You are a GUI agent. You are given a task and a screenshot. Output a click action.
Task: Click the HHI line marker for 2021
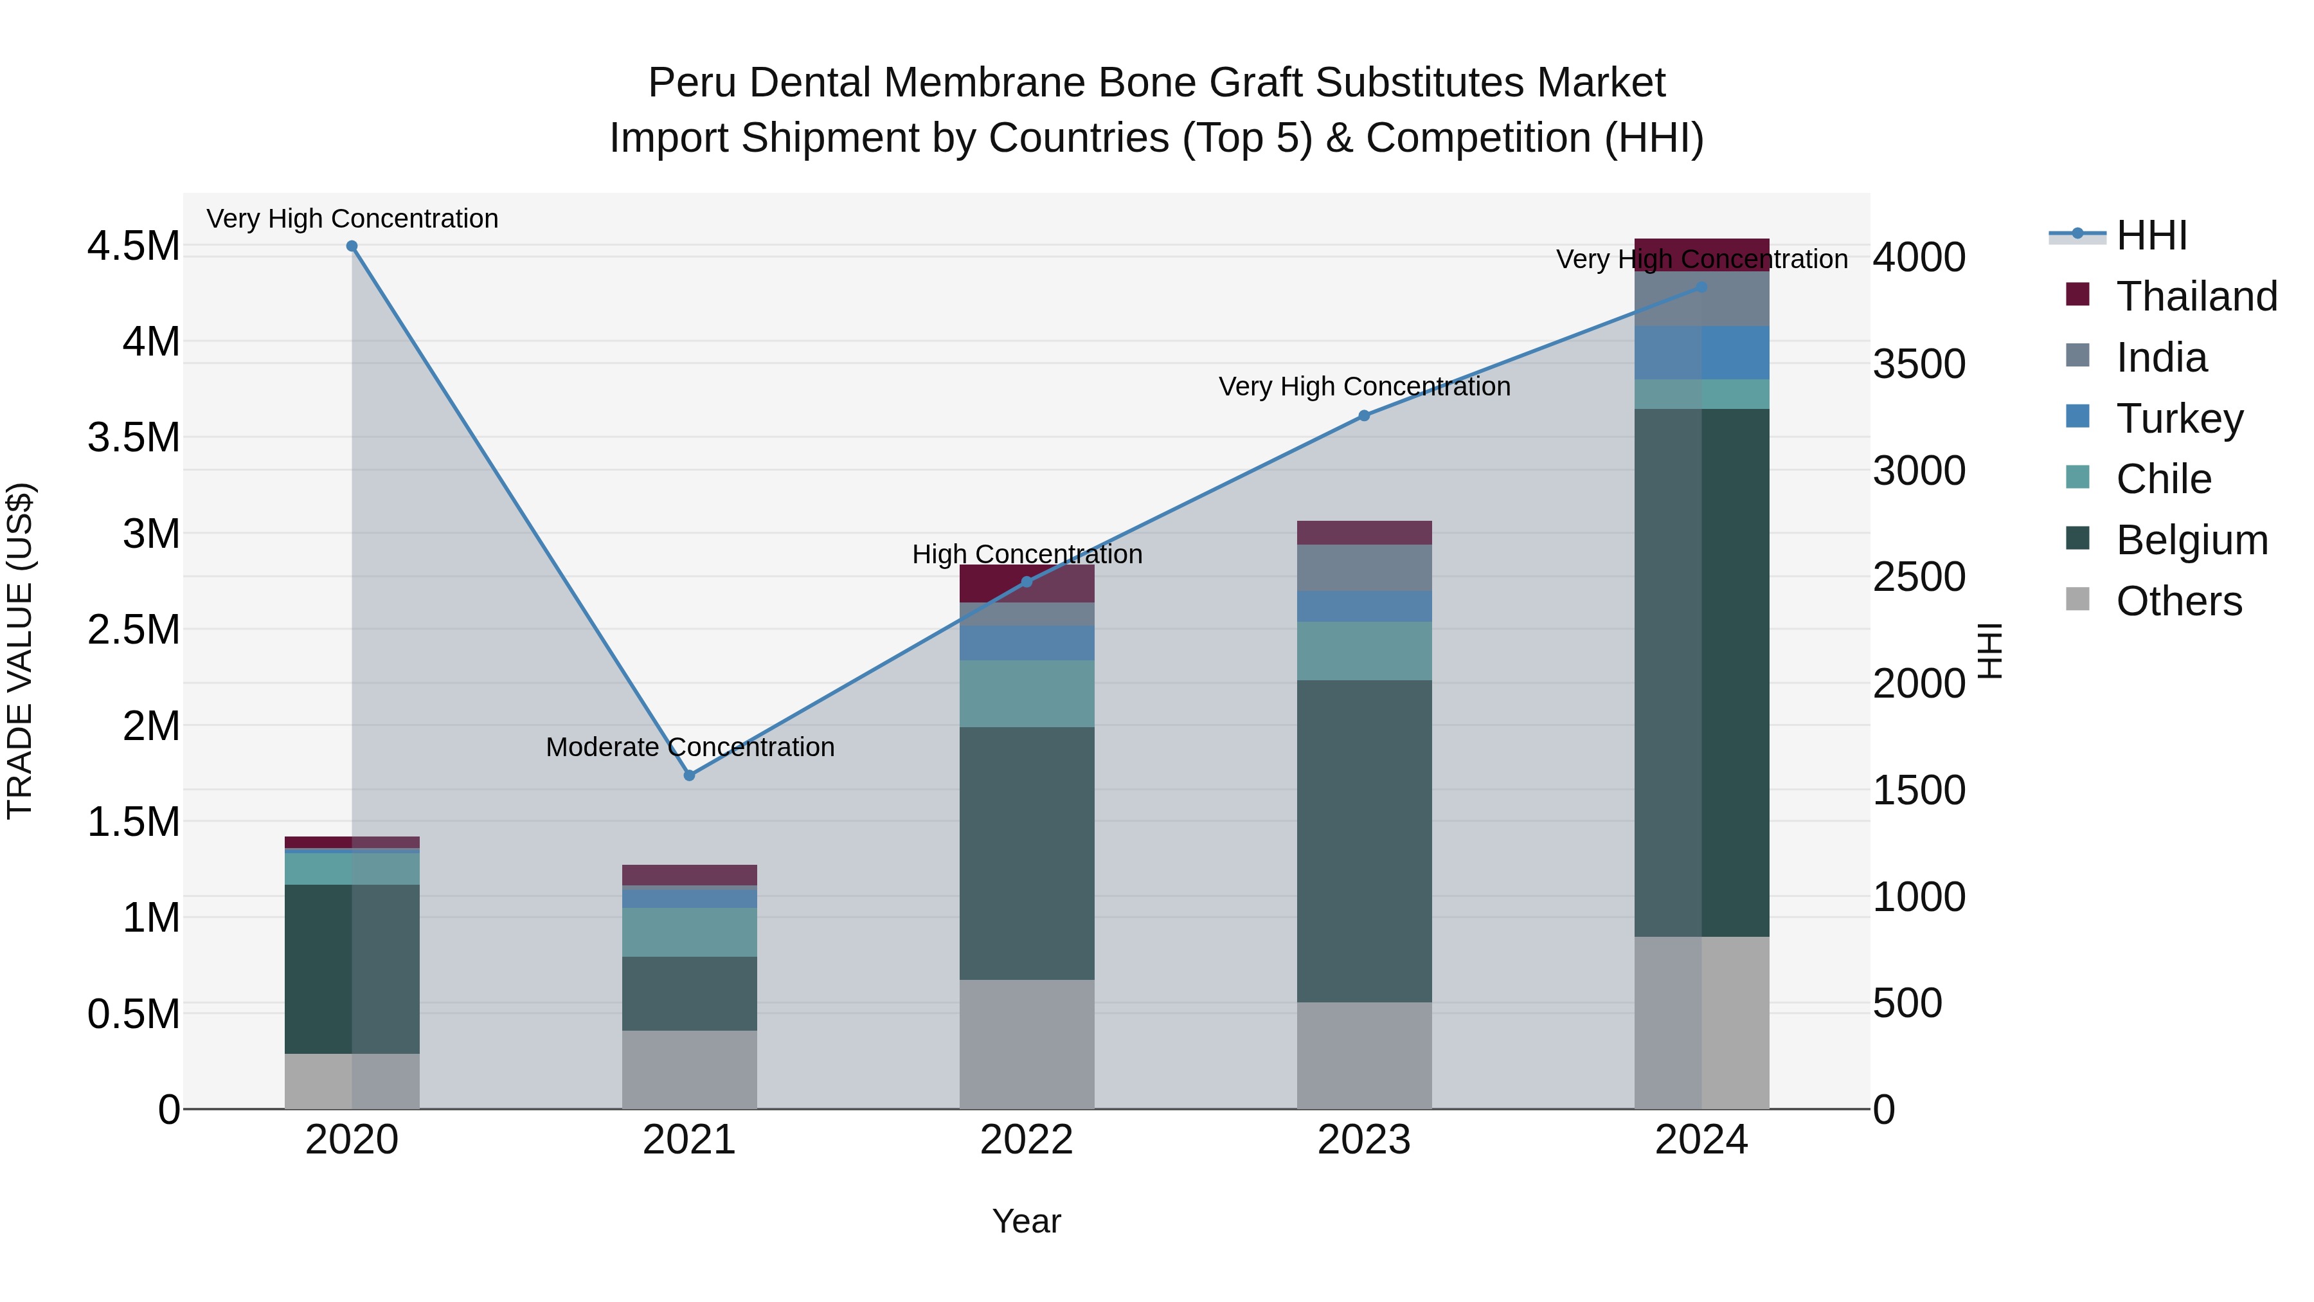689,775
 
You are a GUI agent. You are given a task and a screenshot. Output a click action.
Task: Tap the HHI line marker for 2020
352,246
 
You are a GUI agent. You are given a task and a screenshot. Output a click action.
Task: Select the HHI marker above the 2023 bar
1363,416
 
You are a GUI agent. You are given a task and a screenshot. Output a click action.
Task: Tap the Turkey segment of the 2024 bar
1701,352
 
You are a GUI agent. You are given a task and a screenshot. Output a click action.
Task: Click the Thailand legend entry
2196,296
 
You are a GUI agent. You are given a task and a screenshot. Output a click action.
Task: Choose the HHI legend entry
2151,235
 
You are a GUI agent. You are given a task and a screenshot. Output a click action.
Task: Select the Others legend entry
2178,601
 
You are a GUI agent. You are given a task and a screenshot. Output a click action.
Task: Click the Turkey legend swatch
2077,417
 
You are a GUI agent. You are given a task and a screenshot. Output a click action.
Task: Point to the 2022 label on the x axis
1027,1140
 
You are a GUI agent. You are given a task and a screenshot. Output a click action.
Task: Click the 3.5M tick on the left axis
133,439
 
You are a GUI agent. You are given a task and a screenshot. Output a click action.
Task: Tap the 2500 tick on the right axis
1919,577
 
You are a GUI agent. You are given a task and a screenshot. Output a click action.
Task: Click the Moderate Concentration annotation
690,746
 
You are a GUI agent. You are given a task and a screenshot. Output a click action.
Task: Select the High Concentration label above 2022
1027,554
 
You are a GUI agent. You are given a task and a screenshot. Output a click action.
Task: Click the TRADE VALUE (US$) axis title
20,651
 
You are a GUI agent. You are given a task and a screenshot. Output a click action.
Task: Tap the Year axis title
1026,1221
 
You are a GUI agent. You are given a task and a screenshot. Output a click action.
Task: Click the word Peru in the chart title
694,83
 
